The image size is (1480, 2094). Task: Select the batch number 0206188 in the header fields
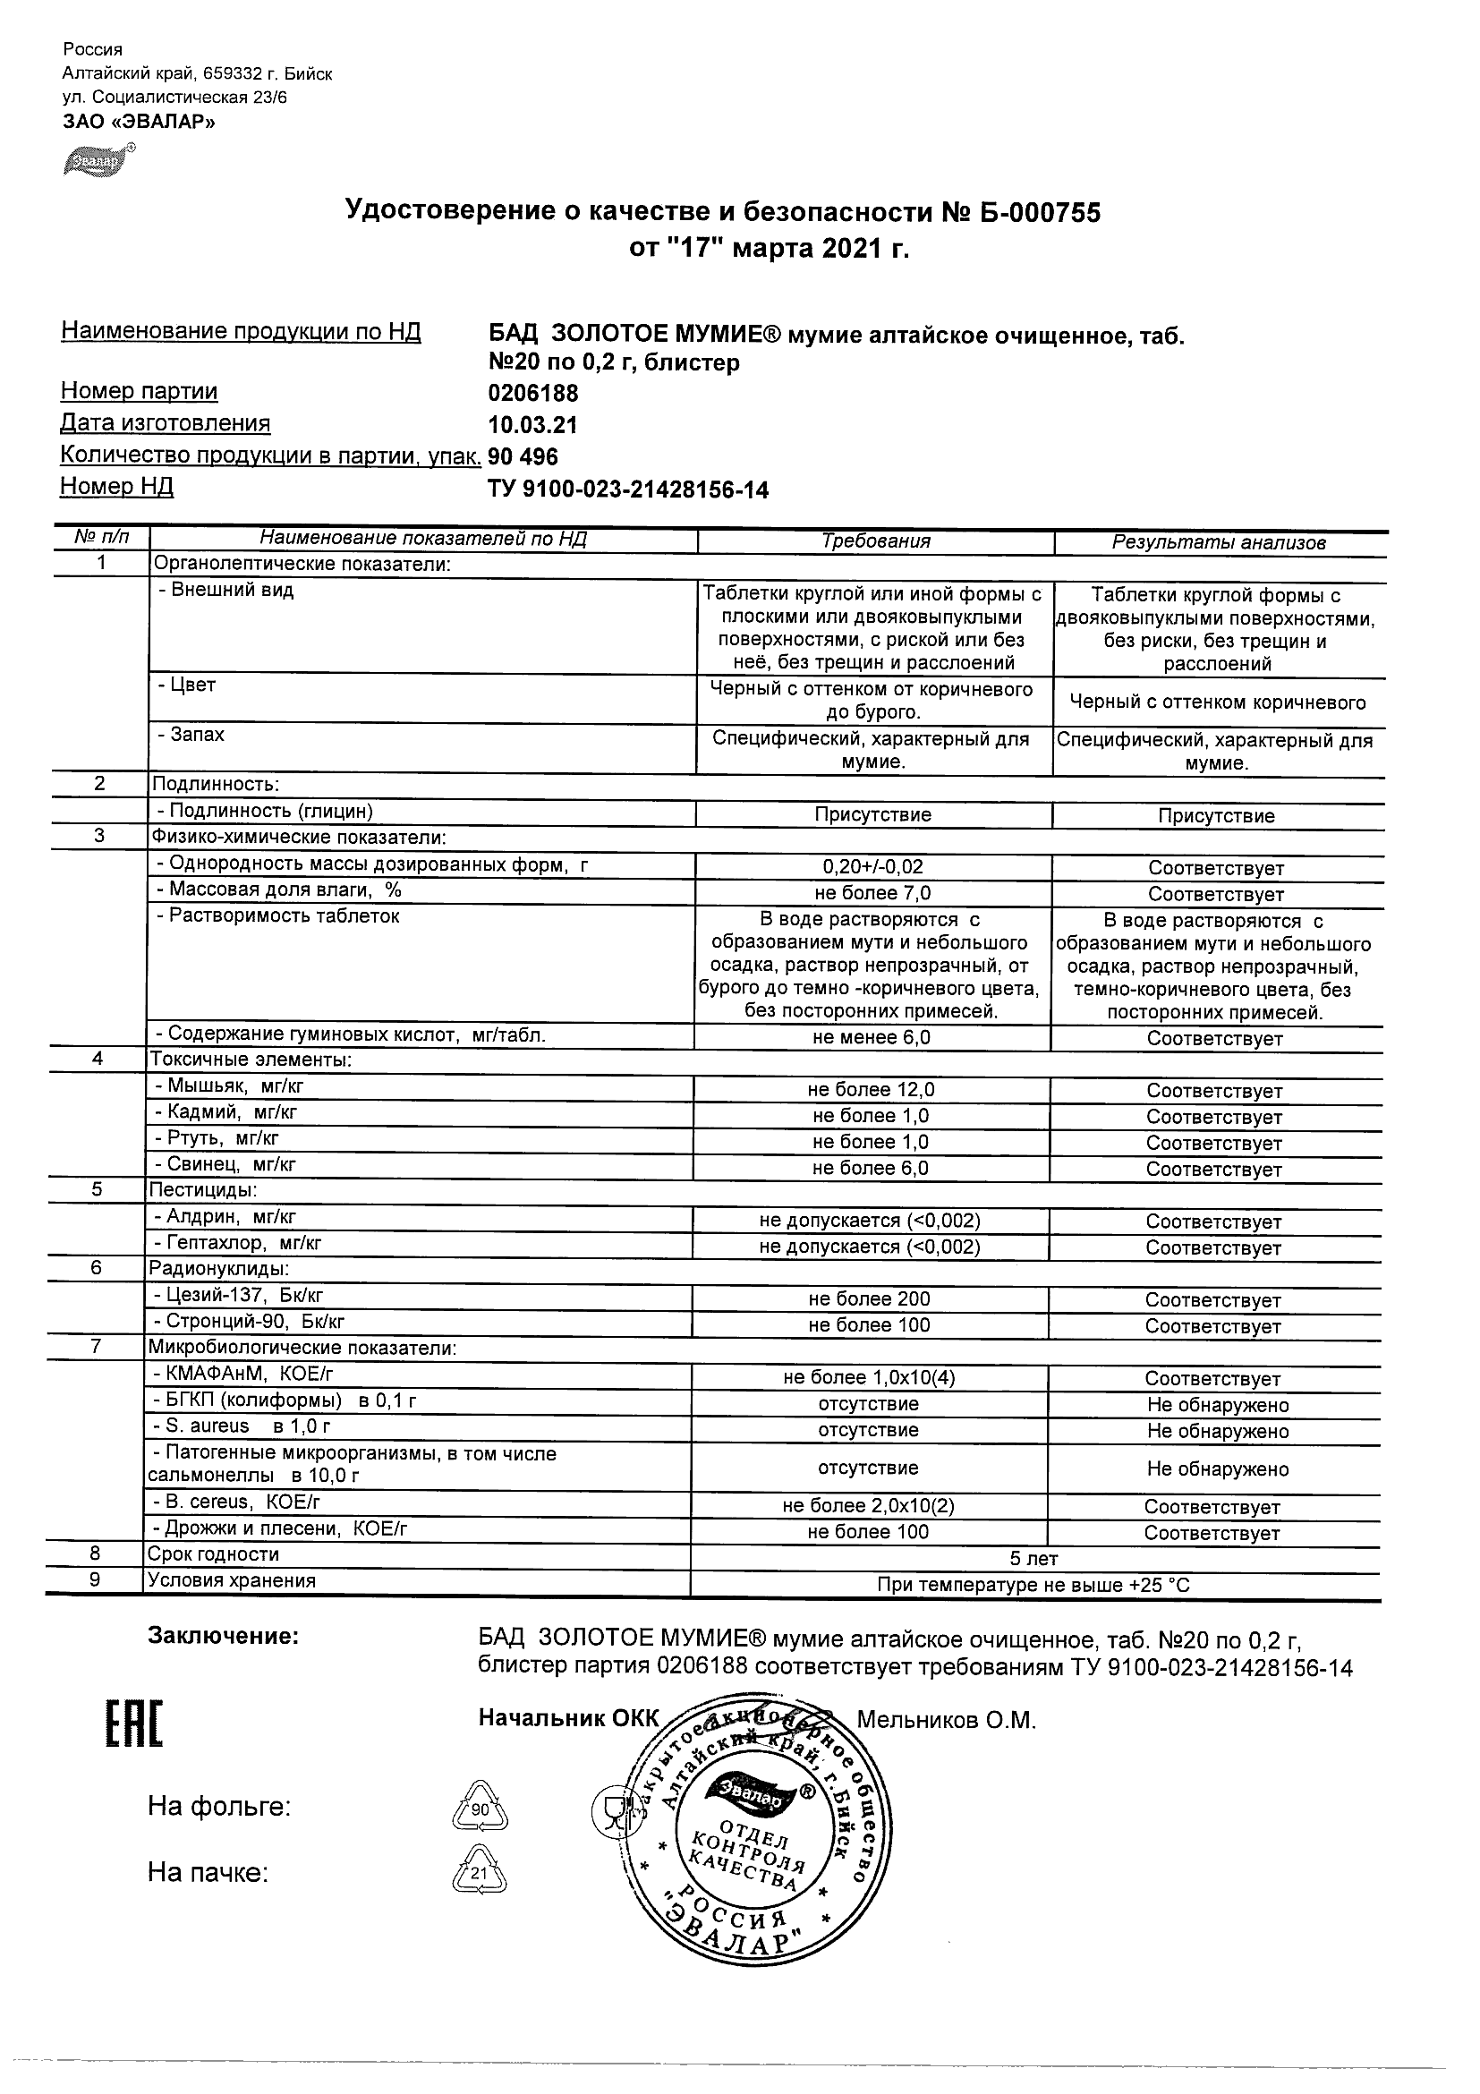tap(533, 394)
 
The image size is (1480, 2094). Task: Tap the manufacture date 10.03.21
tap(532, 425)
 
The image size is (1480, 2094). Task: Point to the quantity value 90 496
tap(523, 456)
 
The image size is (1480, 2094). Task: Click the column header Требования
tap(875, 541)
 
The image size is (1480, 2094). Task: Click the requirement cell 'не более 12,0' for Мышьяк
tap(871, 1090)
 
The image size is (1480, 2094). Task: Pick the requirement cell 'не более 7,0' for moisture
tap(872, 894)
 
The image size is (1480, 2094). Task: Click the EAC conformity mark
tap(134, 1724)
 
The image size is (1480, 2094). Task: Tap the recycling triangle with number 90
tap(480, 1808)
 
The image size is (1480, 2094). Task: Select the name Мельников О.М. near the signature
tap(947, 1720)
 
